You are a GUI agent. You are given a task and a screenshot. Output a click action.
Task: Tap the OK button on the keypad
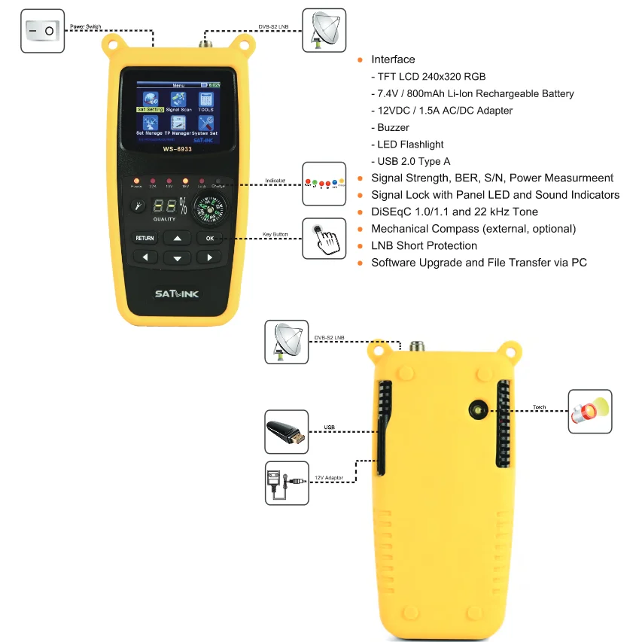[x=210, y=238]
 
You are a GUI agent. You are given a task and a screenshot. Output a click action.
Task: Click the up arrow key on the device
[x=178, y=238]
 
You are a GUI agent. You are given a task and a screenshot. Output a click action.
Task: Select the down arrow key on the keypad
[x=178, y=258]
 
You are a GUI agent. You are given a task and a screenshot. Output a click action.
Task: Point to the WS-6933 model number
[x=178, y=148]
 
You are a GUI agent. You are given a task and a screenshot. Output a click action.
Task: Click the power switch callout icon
[x=42, y=30]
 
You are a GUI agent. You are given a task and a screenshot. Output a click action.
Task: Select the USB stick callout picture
[x=286, y=431]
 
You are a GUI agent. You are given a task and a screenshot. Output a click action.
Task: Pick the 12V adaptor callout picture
[x=286, y=482]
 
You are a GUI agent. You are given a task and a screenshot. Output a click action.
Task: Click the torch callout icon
[x=589, y=411]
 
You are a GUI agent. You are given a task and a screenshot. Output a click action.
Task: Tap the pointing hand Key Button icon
[x=324, y=239]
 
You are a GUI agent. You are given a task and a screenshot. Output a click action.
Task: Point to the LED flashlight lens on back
[x=477, y=411]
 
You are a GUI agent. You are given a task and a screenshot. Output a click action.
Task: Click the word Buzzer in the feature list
[x=394, y=128]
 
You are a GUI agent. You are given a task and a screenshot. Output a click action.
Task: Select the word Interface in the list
[x=393, y=59]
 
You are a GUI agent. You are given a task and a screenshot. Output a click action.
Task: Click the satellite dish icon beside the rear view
[x=287, y=341]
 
